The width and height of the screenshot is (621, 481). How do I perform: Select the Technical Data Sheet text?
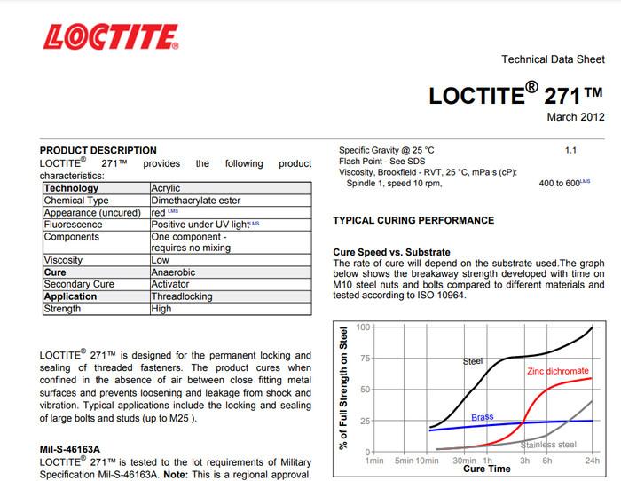[x=553, y=60]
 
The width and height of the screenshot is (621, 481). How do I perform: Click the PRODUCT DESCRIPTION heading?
[x=98, y=151]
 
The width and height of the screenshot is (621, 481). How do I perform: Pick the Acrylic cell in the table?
[x=168, y=188]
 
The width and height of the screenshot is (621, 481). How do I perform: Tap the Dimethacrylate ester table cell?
[x=193, y=201]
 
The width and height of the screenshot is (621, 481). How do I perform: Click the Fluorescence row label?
[x=73, y=225]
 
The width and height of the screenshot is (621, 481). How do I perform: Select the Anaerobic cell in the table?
[x=173, y=272]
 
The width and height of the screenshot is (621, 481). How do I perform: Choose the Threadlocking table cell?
[x=181, y=296]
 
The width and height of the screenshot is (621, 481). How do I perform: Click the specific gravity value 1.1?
[x=570, y=151]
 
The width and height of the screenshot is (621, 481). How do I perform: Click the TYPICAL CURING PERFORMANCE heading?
[x=413, y=220]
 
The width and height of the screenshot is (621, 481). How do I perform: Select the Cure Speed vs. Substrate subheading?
[x=391, y=252]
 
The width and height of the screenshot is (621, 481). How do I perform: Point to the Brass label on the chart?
[x=482, y=417]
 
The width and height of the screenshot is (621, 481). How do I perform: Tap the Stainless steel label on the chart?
[x=548, y=444]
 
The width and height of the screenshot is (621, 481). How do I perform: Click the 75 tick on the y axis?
[x=362, y=359]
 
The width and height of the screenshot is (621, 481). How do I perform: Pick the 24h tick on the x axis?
[x=591, y=461]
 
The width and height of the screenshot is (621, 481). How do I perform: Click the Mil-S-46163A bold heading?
[x=70, y=450]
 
